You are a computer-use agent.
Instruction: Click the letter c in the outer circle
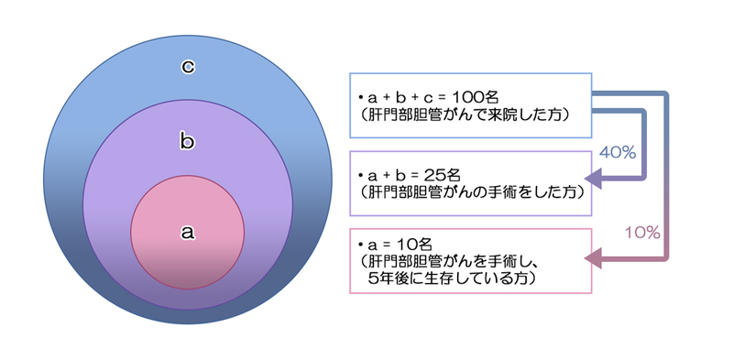point(187,65)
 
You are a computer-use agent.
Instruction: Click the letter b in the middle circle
point(187,142)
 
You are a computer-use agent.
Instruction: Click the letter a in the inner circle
point(187,233)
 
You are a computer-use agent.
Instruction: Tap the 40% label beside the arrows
point(617,152)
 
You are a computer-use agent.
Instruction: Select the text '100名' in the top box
point(467,95)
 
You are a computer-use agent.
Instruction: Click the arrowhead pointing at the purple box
point(595,177)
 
